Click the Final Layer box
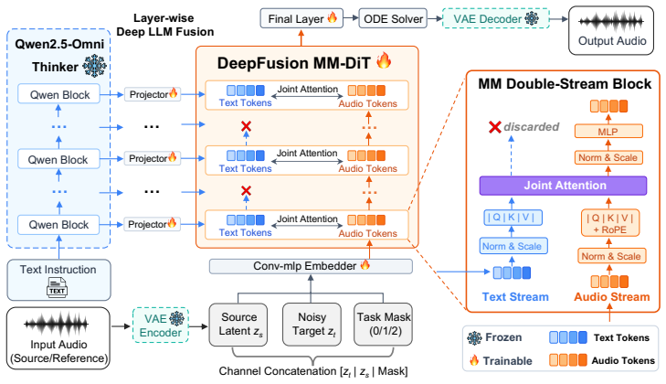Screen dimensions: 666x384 [x=301, y=18]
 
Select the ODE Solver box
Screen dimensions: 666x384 [x=393, y=18]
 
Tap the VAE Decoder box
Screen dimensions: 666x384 [x=496, y=18]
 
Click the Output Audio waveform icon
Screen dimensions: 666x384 [x=611, y=21]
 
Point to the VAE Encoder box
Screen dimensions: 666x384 [x=161, y=325]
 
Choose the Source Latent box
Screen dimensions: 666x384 [x=238, y=324]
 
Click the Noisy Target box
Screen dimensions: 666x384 [x=312, y=324]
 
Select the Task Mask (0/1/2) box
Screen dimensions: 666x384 [x=383, y=324]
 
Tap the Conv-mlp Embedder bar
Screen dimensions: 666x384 [x=311, y=266]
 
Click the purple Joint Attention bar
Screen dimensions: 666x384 [x=563, y=186]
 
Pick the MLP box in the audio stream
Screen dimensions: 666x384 [x=608, y=132]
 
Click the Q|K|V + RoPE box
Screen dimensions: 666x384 [x=609, y=224]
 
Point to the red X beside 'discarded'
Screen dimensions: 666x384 [x=495, y=127]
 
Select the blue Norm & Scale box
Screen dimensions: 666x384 [x=513, y=246]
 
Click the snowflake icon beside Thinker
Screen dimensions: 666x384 [x=94, y=66]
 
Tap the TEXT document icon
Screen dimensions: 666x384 [x=57, y=287]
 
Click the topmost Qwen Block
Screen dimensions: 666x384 [x=59, y=94]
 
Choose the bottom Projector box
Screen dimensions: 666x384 [x=152, y=224]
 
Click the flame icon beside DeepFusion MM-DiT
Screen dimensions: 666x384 [x=384, y=60]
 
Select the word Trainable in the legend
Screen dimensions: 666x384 [x=507, y=361]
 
